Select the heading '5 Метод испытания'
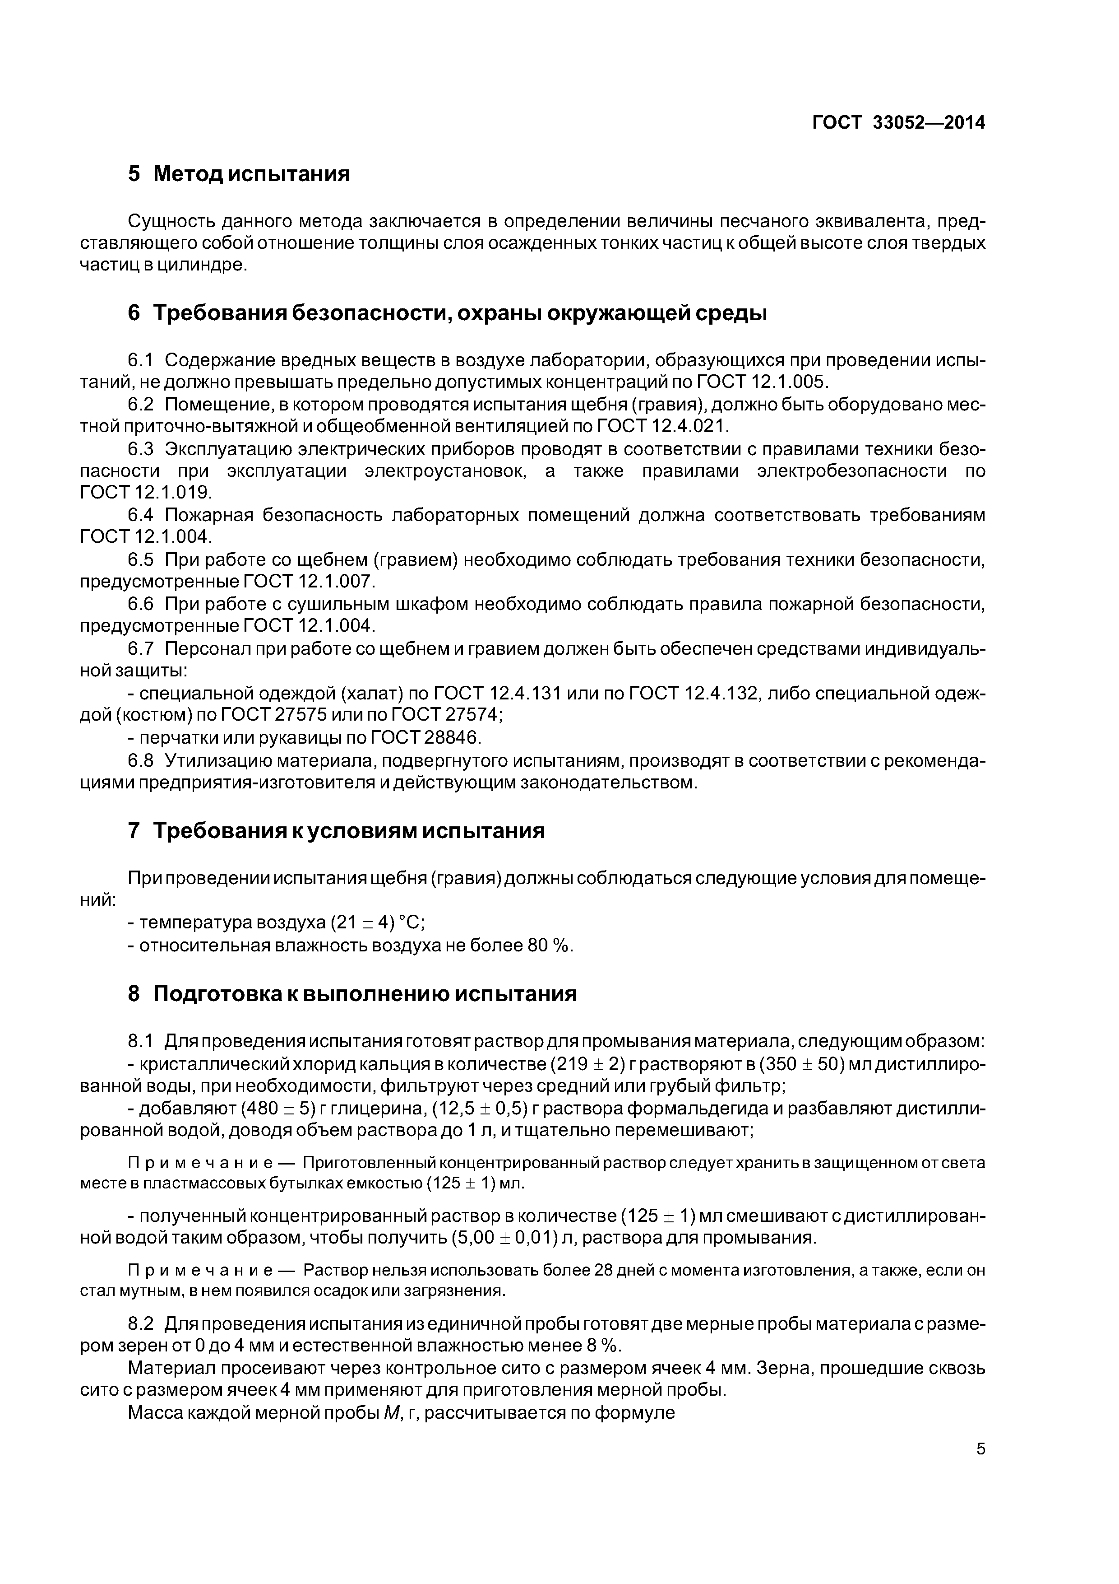click(239, 173)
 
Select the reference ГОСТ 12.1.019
click(146, 493)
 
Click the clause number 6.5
click(141, 559)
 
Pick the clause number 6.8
click(141, 760)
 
